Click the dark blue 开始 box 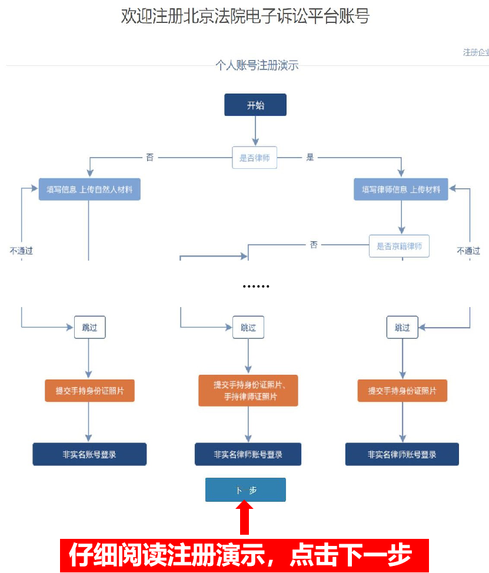pyautogui.click(x=255, y=105)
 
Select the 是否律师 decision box pyautogui.click(x=254, y=158)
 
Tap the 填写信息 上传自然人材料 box pyautogui.click(x=89, y=189)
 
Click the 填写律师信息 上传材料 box pyautogui.click(x=401, y=189)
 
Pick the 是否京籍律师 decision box pyautogui.click(x=399, y=246)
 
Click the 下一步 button pyautogui.click(x=245, y=489)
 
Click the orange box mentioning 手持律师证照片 pyautogui.click(x=248, y=391)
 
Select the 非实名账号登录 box pyautogui.click(x=89, y=454)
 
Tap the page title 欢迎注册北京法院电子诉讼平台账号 pyautogui.click(x=245, y=16)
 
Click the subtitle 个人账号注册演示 pyautogui.click(x=257, y=65)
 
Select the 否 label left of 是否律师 pyautogui.click(x=149, y=158)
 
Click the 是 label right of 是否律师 pyautogui.click(x=310, y=158)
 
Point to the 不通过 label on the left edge pyautogui.click(x=21, y=251)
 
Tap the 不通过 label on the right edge pyautogui.click(x=468, y=251)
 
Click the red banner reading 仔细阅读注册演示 pyautogui.click(x=244, y=555)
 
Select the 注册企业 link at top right pyautogui.click(x=475, y=52)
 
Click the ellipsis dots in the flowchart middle pyautogui.click(x=256, y=286)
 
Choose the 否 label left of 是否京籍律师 pyautogui.click(x=314, y=245)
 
